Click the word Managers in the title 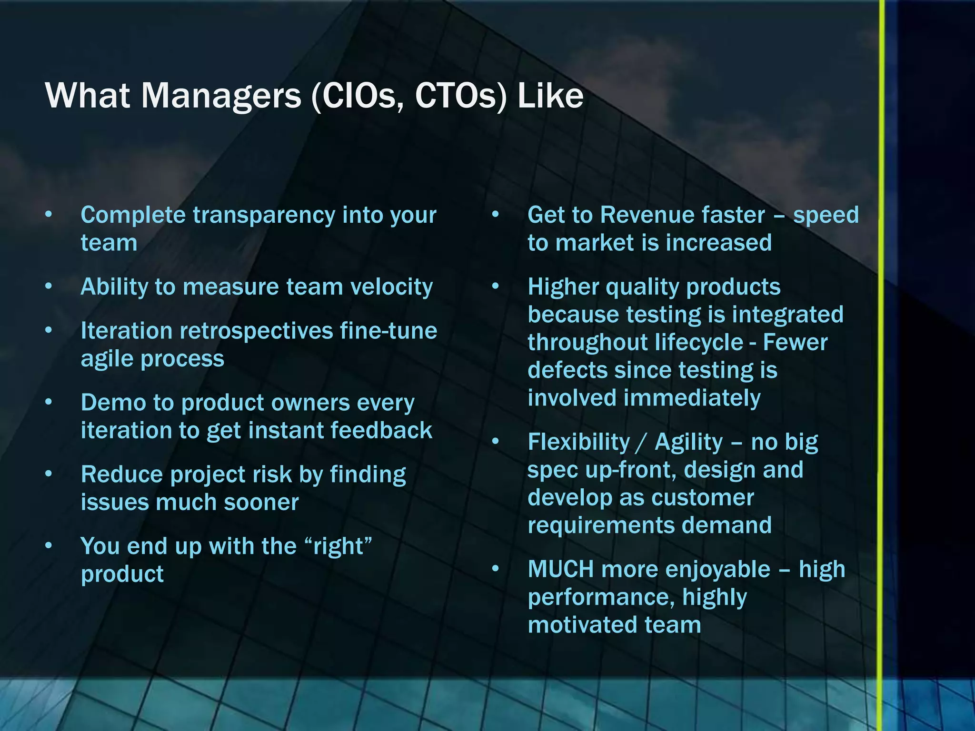[x=221, y=97]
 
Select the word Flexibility [x=578, y=442]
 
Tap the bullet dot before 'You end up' [x=49, y=546]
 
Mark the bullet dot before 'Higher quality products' [x=496, y=287]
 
